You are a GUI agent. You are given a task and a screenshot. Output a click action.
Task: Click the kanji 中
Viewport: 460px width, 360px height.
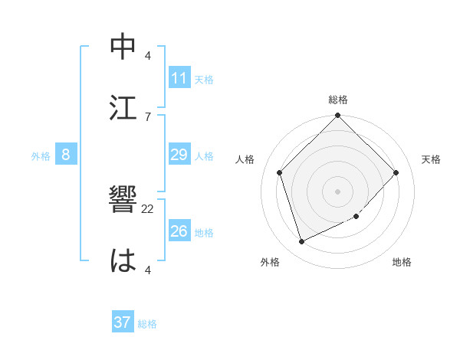click(123, 47)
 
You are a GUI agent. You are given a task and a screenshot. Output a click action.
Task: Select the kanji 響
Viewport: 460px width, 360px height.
click(123, 201)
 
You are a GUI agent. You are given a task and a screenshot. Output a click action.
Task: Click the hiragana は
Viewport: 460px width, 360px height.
click(123, 261)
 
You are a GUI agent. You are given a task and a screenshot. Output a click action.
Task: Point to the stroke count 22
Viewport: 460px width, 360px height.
click(148, 208)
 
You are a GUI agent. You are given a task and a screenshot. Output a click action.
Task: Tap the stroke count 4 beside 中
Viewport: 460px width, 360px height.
click(148, 56)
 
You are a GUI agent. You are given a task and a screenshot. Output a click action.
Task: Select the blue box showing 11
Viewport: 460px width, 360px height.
click(179, 78)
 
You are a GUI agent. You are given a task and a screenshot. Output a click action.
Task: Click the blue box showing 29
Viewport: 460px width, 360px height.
click(179, 155)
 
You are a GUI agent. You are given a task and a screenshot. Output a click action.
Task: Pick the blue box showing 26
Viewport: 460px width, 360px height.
click(179, 231)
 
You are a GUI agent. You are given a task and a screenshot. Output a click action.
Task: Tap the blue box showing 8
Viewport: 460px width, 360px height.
click(66, 155)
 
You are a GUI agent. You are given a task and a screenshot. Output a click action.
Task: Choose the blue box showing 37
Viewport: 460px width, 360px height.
click(123, 322)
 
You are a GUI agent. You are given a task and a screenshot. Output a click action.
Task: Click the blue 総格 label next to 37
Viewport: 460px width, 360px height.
click(148, 324)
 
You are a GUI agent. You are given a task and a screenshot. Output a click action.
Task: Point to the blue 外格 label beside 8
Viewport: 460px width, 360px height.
click(41, 156)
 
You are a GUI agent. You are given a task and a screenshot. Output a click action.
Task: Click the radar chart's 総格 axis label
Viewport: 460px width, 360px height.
click(338, 100)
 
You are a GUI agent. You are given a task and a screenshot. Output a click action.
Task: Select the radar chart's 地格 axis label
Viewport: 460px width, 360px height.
click(402, 262)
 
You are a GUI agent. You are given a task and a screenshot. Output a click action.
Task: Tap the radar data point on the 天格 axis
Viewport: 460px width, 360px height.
click(396, 172)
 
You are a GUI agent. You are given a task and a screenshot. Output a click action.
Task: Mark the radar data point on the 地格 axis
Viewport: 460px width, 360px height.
click(356, 217)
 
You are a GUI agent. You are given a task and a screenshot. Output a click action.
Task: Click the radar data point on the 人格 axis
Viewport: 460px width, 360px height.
click(280, 172)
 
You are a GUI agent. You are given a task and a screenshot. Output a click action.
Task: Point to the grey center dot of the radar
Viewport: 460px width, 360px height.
click(338, 191)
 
